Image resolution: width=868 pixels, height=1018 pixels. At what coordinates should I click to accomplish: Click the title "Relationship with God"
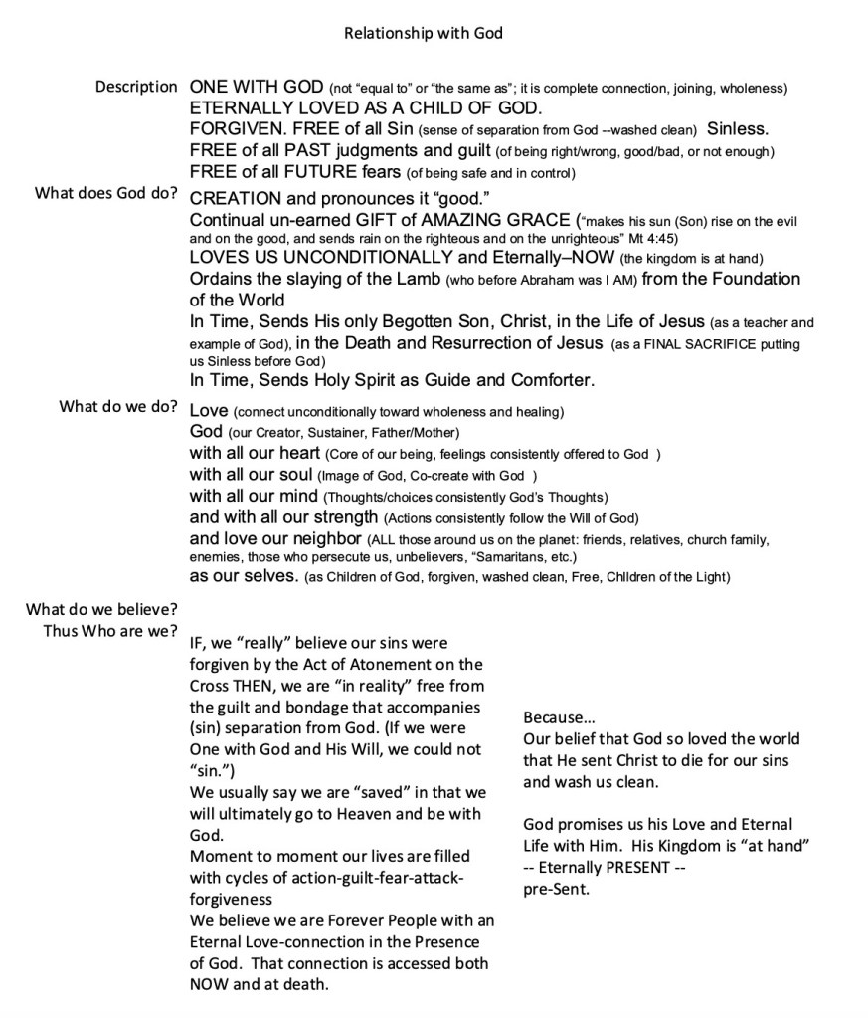[x=424, y=34]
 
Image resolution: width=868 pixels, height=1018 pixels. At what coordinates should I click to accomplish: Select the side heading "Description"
[x=136, y=87]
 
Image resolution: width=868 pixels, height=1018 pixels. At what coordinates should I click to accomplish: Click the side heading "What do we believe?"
[x=101, y=609]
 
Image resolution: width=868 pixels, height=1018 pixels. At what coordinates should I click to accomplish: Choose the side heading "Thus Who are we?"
[x=110, y=631]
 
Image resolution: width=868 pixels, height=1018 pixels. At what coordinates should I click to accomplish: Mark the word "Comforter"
[x=553, y=381]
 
